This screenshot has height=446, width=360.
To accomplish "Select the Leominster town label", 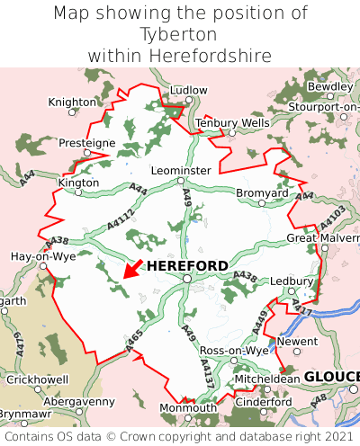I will [x=181, y=170].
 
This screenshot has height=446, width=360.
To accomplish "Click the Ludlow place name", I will [x=188, y=91].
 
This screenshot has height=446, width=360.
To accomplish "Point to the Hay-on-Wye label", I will [x=42, y=256].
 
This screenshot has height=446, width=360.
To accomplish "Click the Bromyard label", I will [x=262, y=193].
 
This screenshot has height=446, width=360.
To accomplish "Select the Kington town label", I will [x=78, y=182].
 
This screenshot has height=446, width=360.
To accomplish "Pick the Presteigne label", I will [x=87, y=142].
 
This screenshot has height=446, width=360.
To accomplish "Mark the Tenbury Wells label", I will [x=232, y=122].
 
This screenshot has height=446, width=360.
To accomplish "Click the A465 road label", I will [x=131, y=342].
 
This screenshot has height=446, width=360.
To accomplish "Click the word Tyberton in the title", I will [x=179, y=34].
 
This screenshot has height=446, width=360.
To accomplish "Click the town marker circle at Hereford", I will [x=186, y=279].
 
